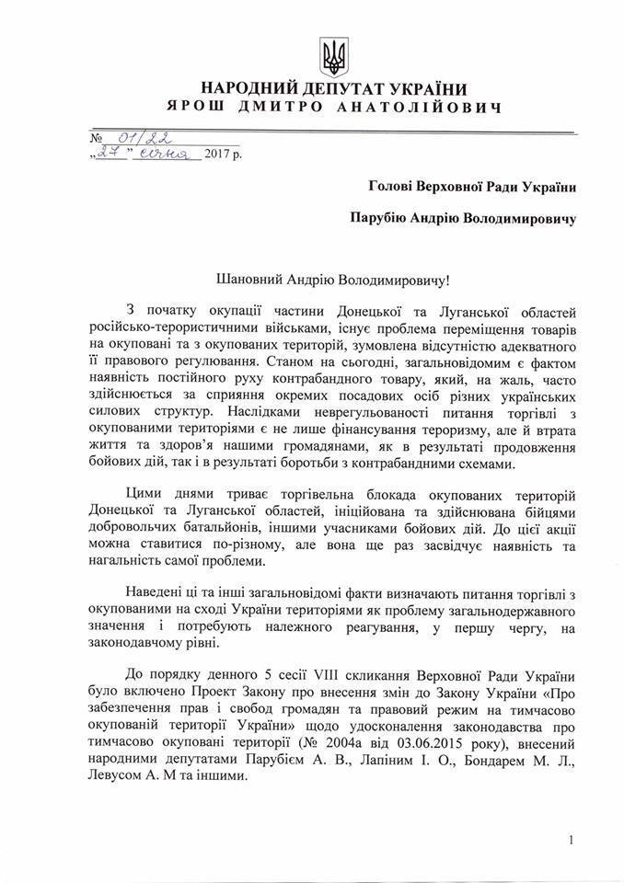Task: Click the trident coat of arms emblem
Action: [x=332, y=56]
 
